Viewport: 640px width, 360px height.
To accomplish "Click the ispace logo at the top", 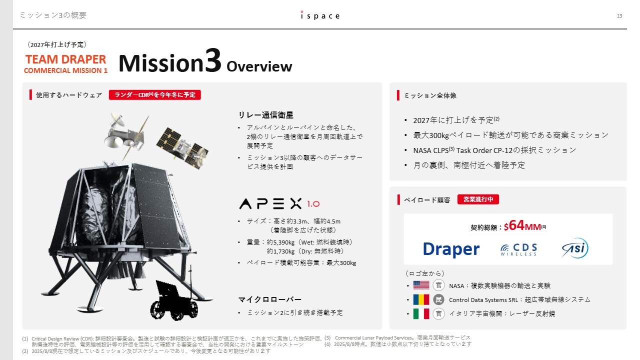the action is point(320,15).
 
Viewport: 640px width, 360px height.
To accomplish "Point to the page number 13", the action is point(619,15).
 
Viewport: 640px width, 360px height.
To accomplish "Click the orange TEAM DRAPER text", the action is point(65,59).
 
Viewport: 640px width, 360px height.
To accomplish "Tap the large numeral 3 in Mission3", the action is point(213,60).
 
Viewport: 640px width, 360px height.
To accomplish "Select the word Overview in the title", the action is point(259,66).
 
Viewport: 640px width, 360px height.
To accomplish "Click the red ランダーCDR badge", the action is point(155,95).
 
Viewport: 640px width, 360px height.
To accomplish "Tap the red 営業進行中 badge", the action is point(478,199).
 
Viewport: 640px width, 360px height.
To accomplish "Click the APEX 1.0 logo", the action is point(279,203).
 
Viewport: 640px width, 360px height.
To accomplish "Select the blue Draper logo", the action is point(451,249).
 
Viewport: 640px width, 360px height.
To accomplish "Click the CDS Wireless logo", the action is point(518,249).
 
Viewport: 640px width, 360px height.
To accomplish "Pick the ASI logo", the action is point(575,248).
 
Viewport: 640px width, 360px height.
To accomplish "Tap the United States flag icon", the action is point(421,285).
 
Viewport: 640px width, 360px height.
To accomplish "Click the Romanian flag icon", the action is point(421,299).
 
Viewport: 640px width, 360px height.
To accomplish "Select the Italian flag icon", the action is point(421,313).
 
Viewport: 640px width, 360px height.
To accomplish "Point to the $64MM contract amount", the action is point(522,226).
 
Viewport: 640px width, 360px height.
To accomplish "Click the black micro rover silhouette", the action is point(173,300).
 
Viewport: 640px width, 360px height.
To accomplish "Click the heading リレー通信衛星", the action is point(265,115).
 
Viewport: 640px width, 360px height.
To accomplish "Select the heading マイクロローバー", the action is point(269,299).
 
